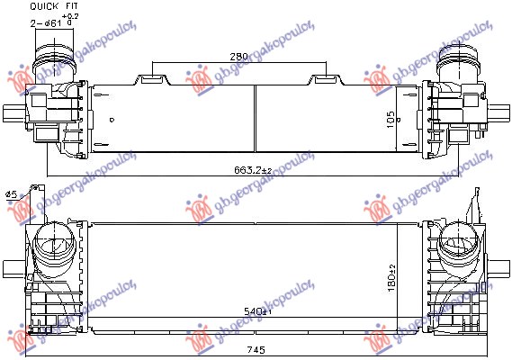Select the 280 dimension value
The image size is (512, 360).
(x=238, y=56)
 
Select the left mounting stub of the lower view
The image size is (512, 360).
(x=11, y=269)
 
